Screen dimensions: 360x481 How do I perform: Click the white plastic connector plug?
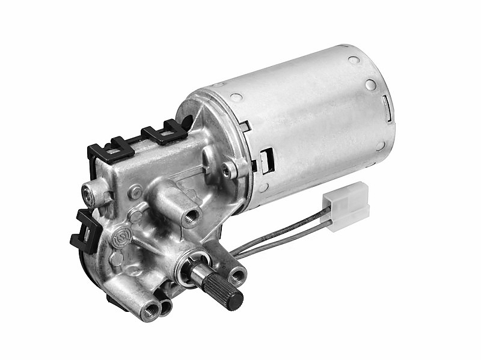(346, 206)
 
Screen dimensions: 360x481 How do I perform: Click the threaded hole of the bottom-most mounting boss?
(149, 310)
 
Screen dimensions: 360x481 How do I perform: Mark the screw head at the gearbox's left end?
(89, 194)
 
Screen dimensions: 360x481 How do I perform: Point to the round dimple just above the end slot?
(370, 85)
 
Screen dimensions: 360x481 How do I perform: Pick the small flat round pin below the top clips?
(135, 192)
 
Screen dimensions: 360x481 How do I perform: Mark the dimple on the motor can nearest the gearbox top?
(237, 97)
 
